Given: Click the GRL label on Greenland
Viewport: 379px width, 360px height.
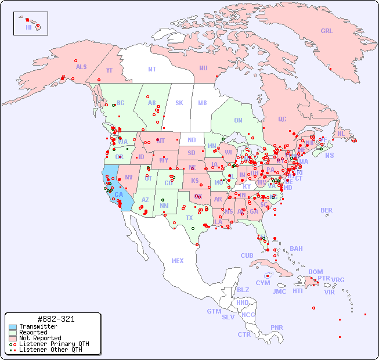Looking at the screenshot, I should [x=327, y=31].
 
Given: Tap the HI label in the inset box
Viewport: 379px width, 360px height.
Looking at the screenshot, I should [x=28, y=27].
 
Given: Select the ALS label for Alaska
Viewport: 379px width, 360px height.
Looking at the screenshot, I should [x=81, y=67].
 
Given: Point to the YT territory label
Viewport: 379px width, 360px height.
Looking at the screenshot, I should [x=109, y=70].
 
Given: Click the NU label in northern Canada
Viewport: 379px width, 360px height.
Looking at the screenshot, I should [x=203, y=68].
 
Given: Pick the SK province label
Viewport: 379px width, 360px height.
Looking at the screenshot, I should [x=179, y=103].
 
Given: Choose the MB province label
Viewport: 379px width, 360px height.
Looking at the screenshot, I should [x=202, y=103].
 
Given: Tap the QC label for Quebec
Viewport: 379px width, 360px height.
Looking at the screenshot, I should [x=282, y=120].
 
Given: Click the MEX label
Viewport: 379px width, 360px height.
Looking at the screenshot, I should [x=178, y=261].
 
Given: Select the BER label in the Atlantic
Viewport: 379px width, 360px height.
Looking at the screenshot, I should [x=327, y=210].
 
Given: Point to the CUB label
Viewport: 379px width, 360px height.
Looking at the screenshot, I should [x=247, y=255].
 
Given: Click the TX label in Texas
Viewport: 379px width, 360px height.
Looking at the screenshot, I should [x=189, y=218].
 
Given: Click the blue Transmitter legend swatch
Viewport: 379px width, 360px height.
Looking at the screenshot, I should [x=12, y=327].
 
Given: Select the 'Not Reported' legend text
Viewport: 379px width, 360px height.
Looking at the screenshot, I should [x=39, y=338].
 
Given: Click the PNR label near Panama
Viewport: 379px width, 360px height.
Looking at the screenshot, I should [x=277, y=327].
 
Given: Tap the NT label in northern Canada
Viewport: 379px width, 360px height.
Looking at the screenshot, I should [x=151, y=69].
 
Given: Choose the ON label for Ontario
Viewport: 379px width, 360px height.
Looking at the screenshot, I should [x=238, y=120].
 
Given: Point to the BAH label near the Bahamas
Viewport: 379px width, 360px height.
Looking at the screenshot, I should [x=296, y=249].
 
